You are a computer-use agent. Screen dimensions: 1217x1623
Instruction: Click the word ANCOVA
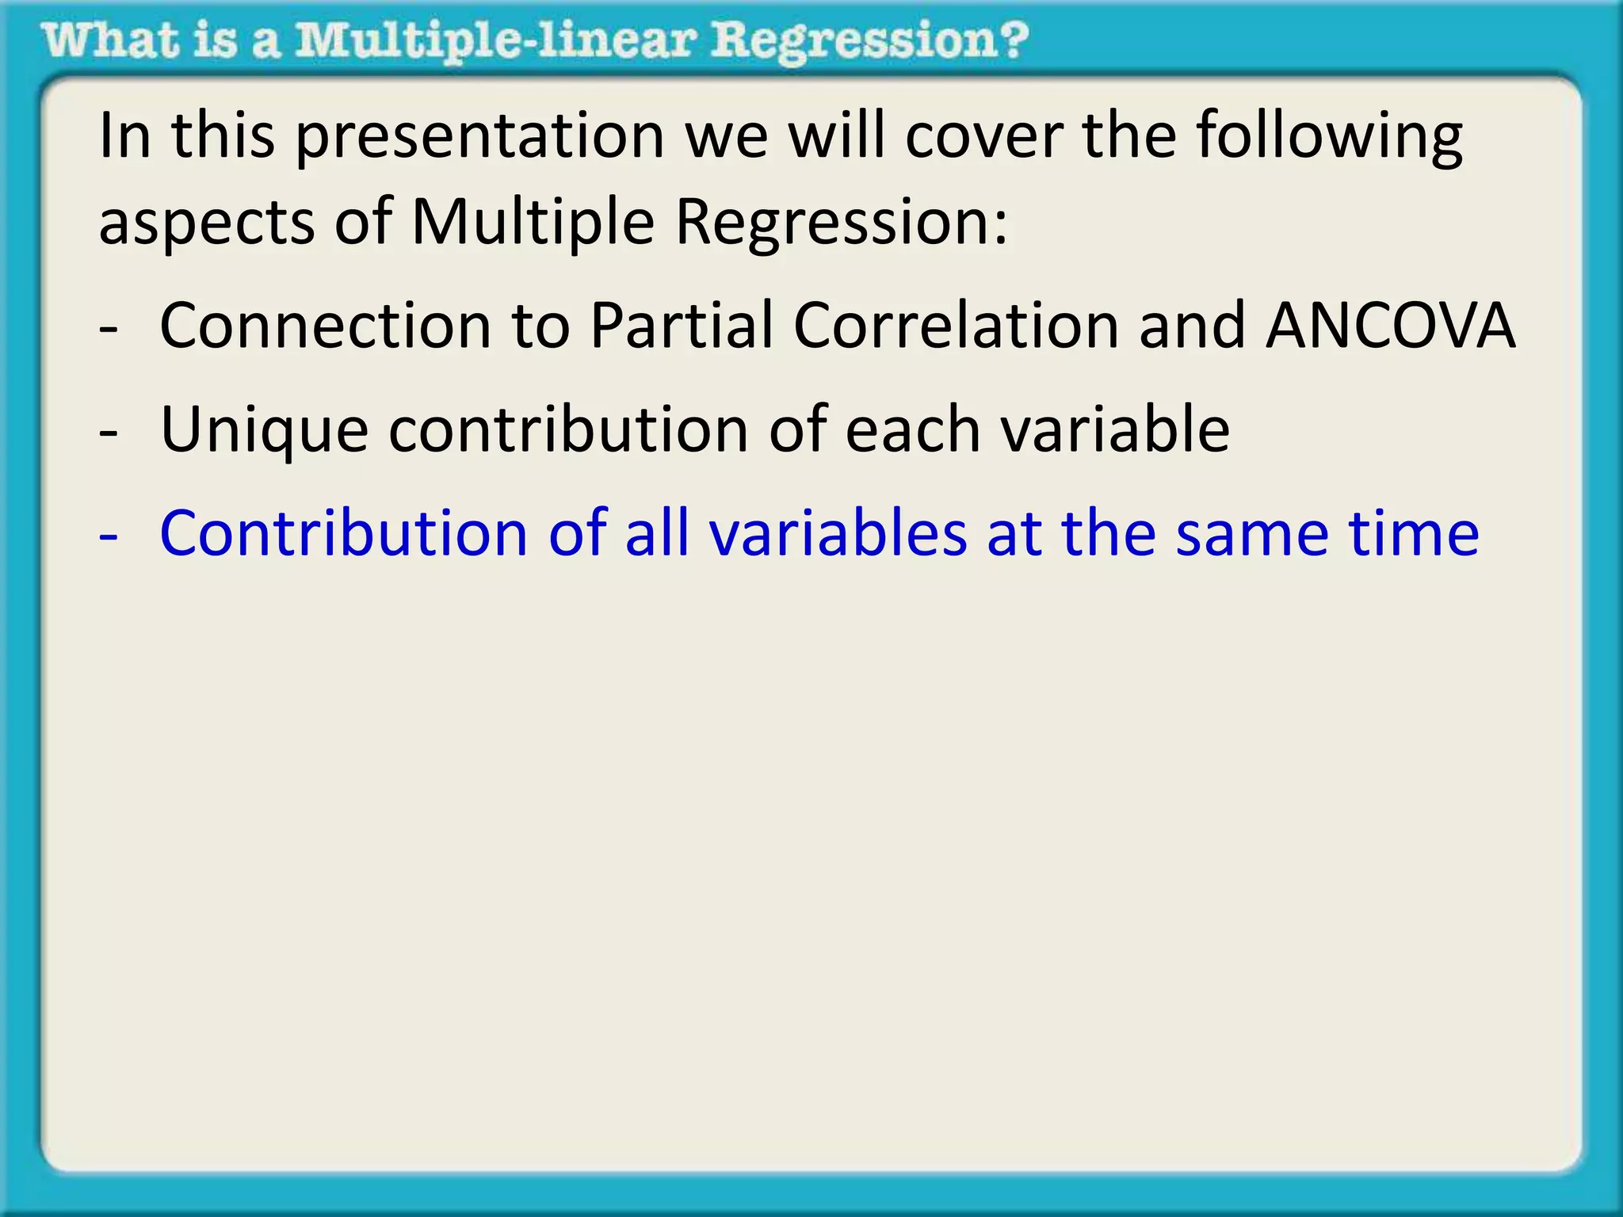coord(1390,326)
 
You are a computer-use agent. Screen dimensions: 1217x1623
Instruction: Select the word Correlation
coord(957,326)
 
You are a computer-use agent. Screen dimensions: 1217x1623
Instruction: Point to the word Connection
coord(326,326)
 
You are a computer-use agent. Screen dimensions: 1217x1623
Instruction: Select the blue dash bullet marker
coord(109,537)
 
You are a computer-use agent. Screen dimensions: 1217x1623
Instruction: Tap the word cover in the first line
coord(983,136)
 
